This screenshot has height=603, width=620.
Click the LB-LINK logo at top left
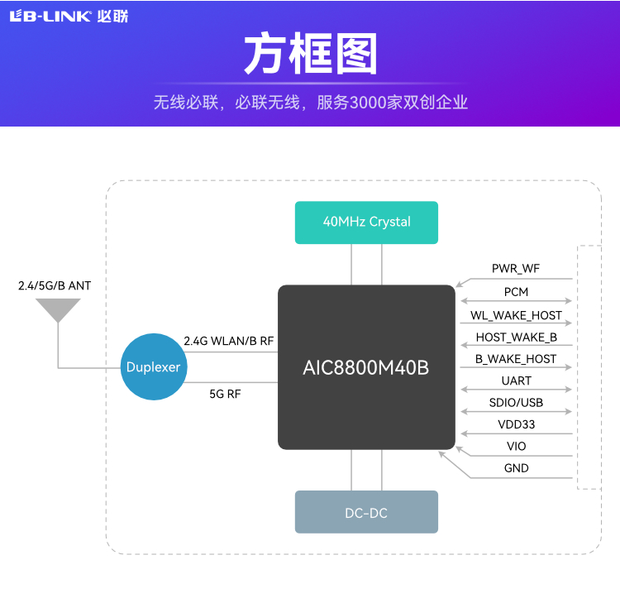click(x=68, y=17)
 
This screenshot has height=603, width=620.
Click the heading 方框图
click(x=310, y=55)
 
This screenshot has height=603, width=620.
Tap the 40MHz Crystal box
click(x=366, y=222)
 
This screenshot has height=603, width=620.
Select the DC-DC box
click(x=366, y=513)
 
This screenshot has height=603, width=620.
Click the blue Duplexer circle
click(x=153, y=367)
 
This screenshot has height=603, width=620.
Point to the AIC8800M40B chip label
click(x=366, y=368)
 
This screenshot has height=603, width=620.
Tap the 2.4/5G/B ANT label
click(x=55, y=286)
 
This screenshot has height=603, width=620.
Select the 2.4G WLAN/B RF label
click(x=228, y=341)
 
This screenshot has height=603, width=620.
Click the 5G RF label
click(x=225, y=395)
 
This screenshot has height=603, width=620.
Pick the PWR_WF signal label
click(x=516, y=269)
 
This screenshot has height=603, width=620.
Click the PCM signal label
click(x=516, y=292)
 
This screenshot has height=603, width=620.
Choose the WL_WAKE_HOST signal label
click(x=516, y=315)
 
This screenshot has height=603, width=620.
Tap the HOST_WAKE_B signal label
click(x=516, y=337)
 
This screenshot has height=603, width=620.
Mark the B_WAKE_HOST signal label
click(x=516, y=359)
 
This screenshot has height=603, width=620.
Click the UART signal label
click(x=516, y=381)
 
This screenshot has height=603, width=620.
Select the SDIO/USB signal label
click(x=516, y=403)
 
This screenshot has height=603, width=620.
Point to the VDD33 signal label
click(x=516, y=424)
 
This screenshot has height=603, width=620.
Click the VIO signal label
click(x=516, y=447)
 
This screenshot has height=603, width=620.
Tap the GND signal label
click(x=516, y=468)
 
